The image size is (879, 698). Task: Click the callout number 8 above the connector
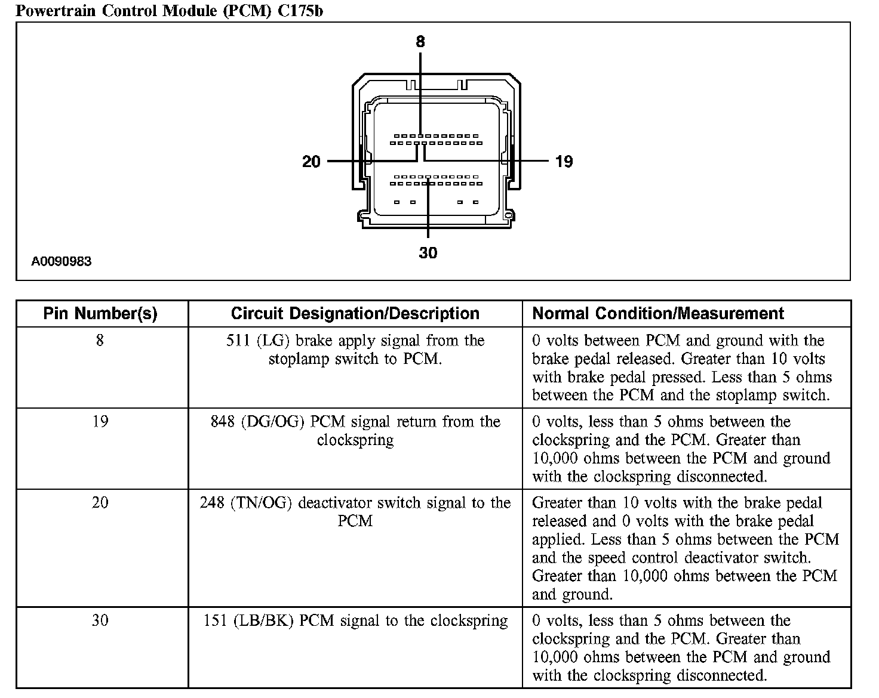click(x=420, y=41)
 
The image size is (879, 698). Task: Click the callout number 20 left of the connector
click(x=311, y=162)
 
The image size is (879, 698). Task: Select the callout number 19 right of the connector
click(x=564, y=162)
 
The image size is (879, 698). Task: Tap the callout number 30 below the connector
click(x=428, y=253)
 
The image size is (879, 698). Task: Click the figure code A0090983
click(x=62, y=261)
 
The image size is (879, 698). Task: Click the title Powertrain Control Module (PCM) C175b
click(x=169, y=11)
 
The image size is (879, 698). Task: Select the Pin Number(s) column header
click(x=100, y=314)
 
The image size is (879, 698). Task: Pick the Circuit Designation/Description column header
click(x=355, y=314)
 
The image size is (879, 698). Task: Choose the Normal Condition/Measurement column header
click(x=658, y=314)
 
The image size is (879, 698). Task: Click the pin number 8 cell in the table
click(x=100, y=340)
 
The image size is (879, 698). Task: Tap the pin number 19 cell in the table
click(x=100, y=421)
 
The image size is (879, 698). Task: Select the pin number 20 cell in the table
click(x=100, y=502)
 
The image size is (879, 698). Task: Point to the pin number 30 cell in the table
click(x=100, y=620)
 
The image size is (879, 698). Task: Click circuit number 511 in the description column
click(x=238, y=341)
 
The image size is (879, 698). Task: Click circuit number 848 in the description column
click(x=223, y=422)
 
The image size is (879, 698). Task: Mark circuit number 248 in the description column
click(x=212, y=503)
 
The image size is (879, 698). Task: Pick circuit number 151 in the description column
click(x=216, y=621)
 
